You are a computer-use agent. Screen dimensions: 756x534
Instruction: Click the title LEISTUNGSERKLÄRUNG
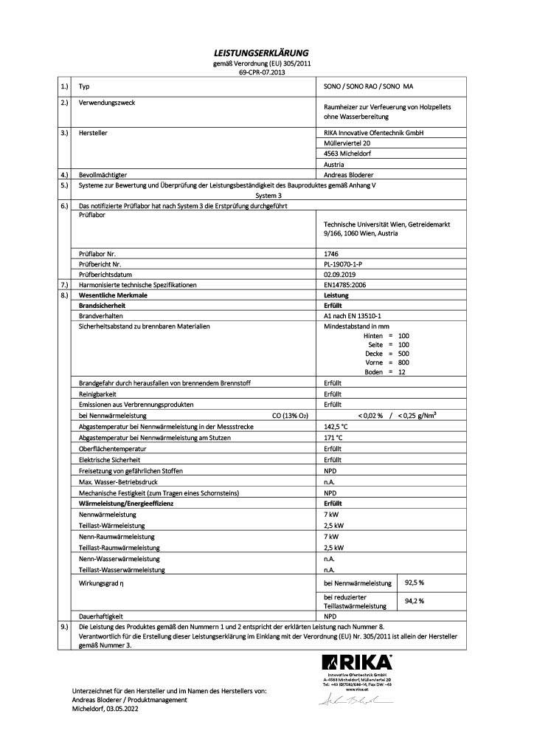pos(266,53)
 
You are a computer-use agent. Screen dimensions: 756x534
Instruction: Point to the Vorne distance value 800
pos(403,362)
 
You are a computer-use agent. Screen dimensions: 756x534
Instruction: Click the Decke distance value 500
pos(403,354)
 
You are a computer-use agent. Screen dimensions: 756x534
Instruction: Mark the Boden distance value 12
pos(401,372)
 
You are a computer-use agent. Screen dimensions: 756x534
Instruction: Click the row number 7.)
pos(64,283)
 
